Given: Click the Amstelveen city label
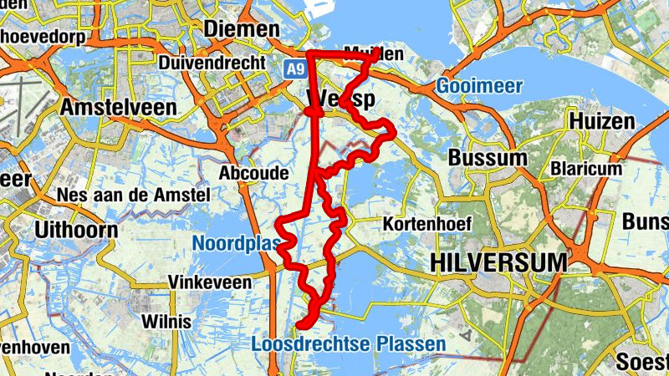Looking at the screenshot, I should pyautogui.click(x=118, y=107).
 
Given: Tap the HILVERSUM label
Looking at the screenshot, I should pyautogui.click(x=499, y=262).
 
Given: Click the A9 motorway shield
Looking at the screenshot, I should pyautogui.click(x=294, y=69).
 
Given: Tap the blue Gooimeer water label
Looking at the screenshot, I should pyautogui.click(x=479, y=86).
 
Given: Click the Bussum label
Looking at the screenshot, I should pyautogui.click(x=488, y=158).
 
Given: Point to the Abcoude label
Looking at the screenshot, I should pyautogui.click(x=253, y=173).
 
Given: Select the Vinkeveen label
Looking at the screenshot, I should pyautogui.click(x=210, y=282).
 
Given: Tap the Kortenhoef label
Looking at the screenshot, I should pyautogui.click(x=427, y=224).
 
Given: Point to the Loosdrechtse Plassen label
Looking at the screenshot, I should pyautogui.click(x=348, y=343).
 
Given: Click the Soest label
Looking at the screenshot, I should pyautogui.click(x=642, y=361).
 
